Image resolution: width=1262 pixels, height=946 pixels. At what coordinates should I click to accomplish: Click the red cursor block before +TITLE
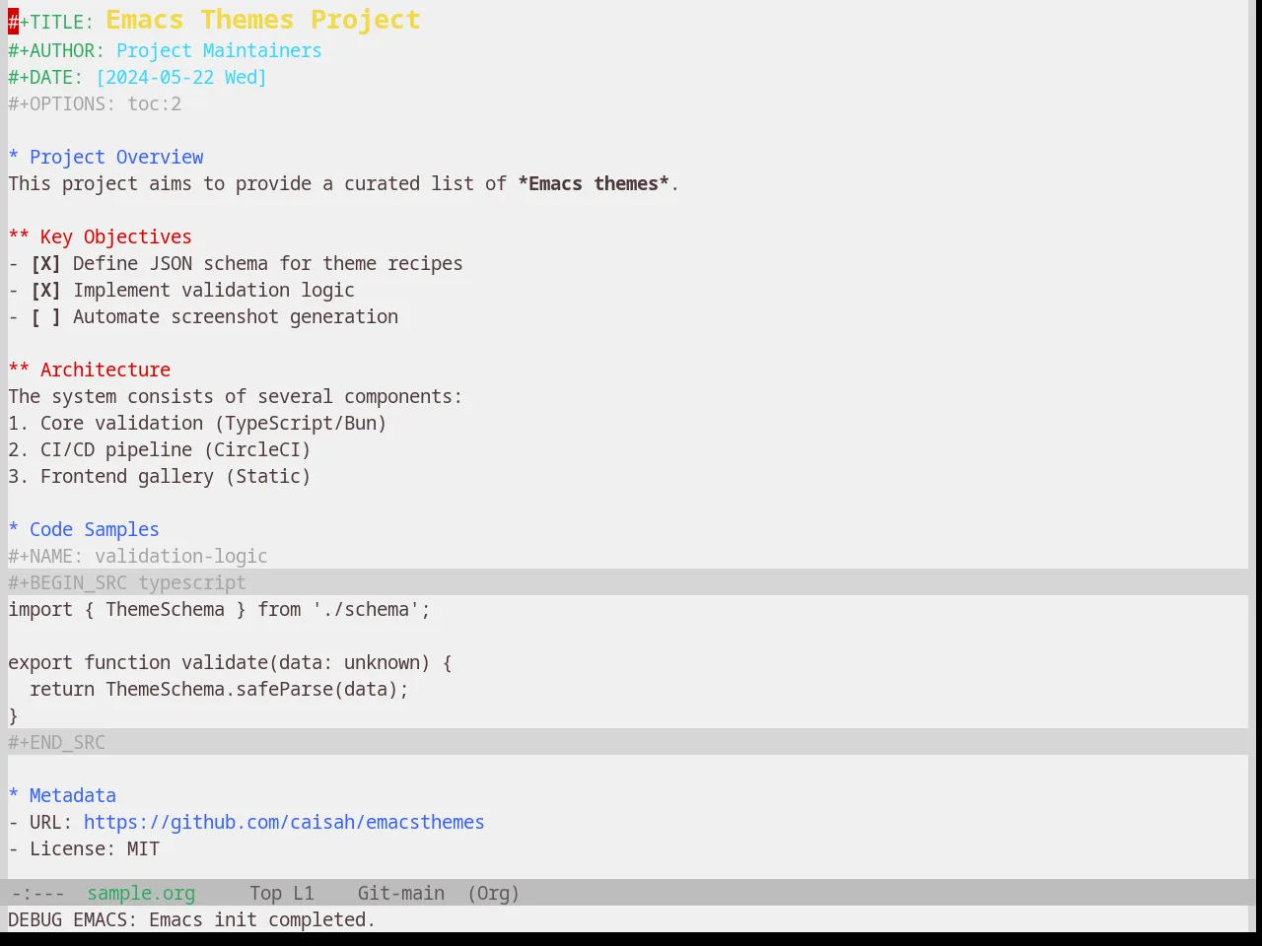13,22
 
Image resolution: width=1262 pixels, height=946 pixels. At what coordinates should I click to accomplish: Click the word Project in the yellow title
366,21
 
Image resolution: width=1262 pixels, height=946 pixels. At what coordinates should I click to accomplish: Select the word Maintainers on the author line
262,50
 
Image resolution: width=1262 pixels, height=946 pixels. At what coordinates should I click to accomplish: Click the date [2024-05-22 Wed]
181,78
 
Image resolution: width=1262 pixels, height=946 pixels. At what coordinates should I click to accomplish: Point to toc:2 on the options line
154,104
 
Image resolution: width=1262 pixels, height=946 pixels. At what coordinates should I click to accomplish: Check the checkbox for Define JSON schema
45,264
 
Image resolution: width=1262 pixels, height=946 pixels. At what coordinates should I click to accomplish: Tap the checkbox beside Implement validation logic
45,290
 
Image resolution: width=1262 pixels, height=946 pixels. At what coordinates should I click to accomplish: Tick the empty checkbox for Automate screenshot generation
45,317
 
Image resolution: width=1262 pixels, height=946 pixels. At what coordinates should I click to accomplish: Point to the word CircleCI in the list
257,449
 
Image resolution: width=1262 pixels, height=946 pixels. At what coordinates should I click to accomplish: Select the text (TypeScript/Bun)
300,424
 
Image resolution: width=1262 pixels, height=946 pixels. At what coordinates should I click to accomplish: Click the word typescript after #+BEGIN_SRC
192,583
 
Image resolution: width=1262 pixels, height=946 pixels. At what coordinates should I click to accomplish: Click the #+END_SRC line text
56,743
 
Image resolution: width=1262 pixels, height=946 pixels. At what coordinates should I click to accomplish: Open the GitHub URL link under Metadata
284,823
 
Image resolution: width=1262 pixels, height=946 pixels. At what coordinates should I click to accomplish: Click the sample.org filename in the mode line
141,894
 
